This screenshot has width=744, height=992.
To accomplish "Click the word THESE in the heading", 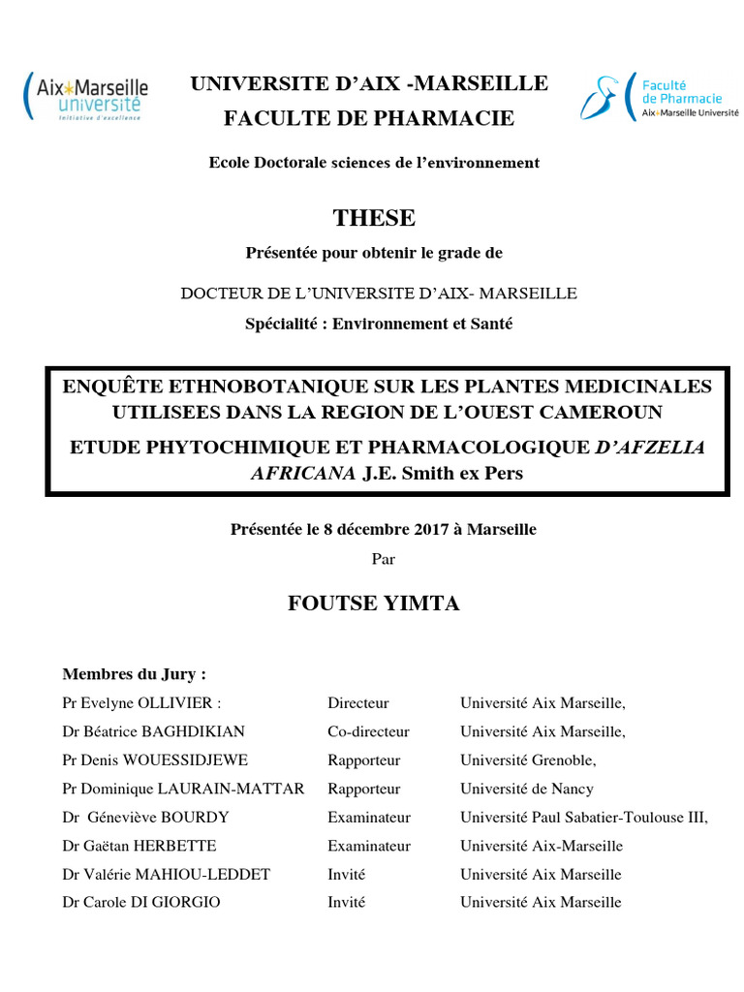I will (374, 218).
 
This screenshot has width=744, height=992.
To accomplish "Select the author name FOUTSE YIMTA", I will (374, 604).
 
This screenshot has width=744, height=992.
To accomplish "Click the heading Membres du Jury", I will (134, 673).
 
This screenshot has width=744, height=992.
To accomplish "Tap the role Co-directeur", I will (368, 731).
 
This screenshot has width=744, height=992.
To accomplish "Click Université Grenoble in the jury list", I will (528, 760).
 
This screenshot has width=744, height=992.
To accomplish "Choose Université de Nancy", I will (527, 789).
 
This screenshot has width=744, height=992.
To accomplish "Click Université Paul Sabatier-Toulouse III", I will (584, 818).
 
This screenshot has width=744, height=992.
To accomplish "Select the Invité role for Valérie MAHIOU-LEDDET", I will (346, 874).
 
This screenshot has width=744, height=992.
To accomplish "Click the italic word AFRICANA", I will (303, 473).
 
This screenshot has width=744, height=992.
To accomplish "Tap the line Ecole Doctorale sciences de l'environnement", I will (374, 163).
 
